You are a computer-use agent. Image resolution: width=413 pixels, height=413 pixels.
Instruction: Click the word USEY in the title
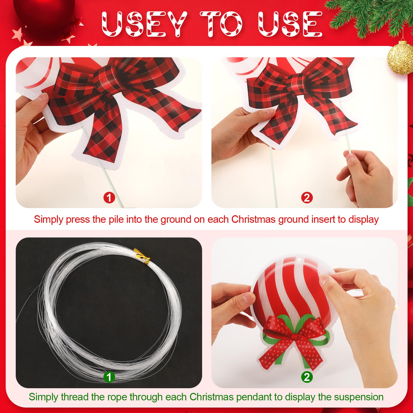(144, 24)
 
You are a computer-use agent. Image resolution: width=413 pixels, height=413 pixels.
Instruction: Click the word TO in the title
(221, 24)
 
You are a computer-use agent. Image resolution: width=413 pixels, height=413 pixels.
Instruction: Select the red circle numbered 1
(109, 198)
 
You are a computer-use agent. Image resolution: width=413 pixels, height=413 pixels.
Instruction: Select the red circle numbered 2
(307, 198)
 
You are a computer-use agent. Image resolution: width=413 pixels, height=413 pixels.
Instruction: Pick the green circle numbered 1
(109, 377)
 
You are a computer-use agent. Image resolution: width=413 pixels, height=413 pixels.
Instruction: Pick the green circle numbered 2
(307, 377)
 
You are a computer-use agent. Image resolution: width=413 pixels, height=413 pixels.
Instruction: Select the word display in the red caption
(364, 220)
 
